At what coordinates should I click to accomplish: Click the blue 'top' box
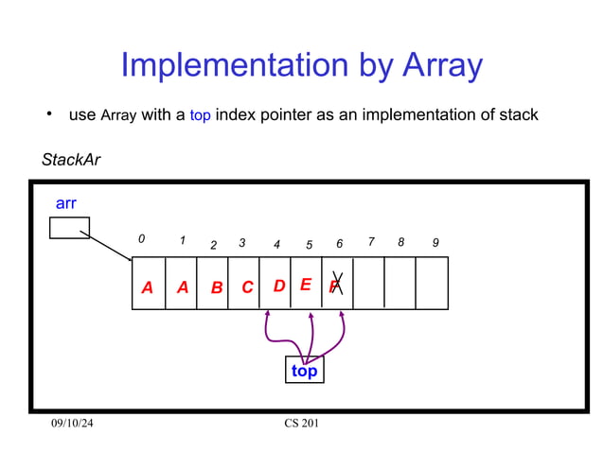304,371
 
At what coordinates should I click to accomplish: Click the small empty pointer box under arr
69,228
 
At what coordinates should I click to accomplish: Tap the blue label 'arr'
66,203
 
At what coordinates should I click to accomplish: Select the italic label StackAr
71,160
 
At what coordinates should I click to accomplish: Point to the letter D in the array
279,286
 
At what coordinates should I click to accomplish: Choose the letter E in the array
306,284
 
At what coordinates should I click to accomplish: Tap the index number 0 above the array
142,240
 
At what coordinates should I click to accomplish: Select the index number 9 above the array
435,243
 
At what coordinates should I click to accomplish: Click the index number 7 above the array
371,241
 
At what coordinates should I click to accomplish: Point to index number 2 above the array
213,245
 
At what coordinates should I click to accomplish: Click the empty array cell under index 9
432,283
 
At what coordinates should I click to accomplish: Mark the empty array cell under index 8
400,283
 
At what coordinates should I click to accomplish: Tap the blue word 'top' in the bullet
200,116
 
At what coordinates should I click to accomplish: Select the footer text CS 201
302,423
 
